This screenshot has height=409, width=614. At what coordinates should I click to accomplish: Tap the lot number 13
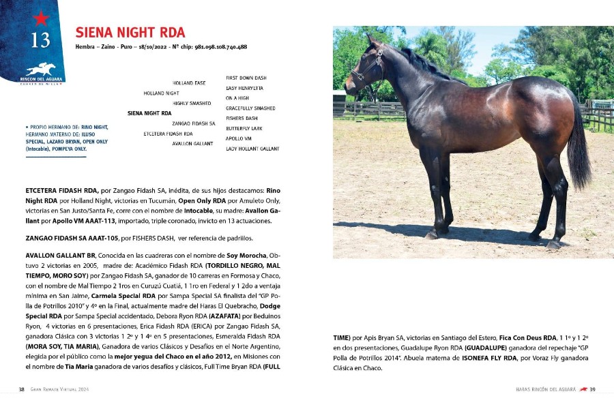click(40, 40)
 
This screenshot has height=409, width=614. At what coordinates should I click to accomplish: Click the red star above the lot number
click(40, 18)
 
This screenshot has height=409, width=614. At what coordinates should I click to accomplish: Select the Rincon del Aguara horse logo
click(40, 69)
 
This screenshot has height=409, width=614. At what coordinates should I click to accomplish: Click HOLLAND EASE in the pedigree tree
click(189, 83)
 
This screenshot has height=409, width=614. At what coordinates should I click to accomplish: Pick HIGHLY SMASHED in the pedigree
click(192, 103)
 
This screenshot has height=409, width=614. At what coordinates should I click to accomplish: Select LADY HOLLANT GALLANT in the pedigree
click(252, 149)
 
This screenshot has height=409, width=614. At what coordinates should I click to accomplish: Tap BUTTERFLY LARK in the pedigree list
click(244, 128)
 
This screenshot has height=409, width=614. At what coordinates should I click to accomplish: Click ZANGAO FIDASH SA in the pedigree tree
click(194, 123)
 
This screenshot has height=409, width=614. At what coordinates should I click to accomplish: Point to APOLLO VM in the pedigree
click(239, 138)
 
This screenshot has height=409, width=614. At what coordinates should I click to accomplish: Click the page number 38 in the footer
click(22, 389)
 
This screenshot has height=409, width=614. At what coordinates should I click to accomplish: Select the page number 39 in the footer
click(593, 389)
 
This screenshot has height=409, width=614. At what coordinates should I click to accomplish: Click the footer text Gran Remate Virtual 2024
click(59, 389)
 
